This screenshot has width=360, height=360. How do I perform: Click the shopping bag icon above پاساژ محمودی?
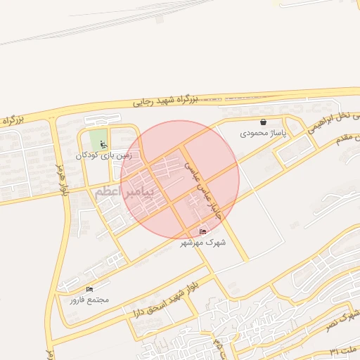[263, 122]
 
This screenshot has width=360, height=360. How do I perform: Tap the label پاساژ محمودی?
[259, 132]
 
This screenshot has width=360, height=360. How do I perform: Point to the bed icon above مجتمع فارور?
[89, 290]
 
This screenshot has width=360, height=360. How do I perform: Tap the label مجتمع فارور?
[89, 300]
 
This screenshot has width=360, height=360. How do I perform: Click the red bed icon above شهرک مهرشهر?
[203, 232]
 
